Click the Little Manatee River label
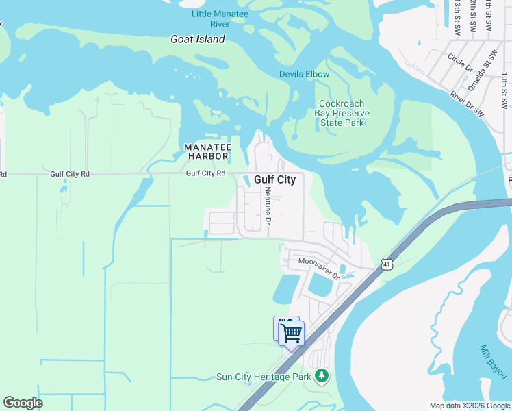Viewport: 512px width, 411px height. [220, 18]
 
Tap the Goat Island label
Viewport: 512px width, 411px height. [197, 40]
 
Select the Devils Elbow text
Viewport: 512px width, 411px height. [304, 74]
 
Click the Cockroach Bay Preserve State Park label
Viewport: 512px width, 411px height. [342, 113]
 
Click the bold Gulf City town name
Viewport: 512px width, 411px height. [274, 179]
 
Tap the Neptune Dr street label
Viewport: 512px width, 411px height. [268, 206]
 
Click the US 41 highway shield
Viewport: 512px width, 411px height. [387, 264]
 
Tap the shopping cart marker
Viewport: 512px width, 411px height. [292, 334]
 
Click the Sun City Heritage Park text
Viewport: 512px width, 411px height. [264, 377]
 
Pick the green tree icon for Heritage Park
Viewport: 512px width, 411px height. [322, 376]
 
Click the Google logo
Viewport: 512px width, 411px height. [23, 403]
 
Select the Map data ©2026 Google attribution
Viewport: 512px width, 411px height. [470, 406]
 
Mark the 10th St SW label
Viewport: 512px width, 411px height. [504, 92]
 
